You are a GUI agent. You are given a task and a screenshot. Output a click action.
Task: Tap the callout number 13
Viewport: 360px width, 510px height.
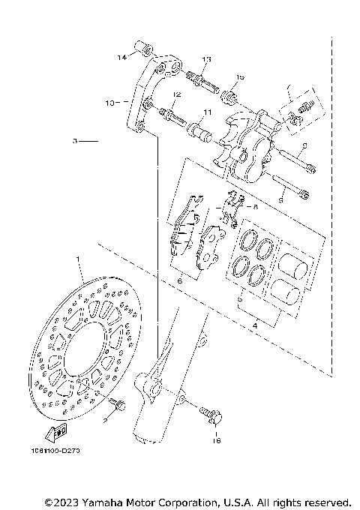coord(206,59)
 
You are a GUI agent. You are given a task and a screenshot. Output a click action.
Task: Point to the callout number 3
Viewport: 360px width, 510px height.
coord(75,140)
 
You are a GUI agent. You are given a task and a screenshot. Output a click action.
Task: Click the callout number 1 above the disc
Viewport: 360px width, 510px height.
coord(76,259)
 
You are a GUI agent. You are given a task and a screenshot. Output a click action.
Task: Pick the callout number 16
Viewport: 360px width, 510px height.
coord(216,442)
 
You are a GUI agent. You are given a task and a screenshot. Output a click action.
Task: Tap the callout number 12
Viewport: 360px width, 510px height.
coord(177,94)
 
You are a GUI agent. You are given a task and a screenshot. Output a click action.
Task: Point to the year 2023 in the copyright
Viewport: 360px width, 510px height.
coord(67,501)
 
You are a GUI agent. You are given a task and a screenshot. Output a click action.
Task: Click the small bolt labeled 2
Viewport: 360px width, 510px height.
coord(117,405)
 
